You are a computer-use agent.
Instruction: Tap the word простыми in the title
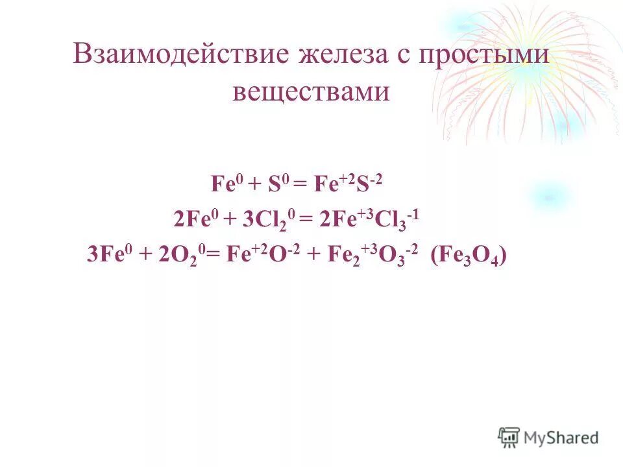click(x=486, y=54)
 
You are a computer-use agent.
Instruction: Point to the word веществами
click(x=311, y=91)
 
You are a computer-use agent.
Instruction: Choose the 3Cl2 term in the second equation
click(x=263, y=221)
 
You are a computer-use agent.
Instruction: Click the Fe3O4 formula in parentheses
click(x=468, y=256)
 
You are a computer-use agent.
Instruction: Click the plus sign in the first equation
click(x=254, y=186)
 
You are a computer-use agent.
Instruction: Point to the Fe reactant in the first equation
click(x=224, y=185)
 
